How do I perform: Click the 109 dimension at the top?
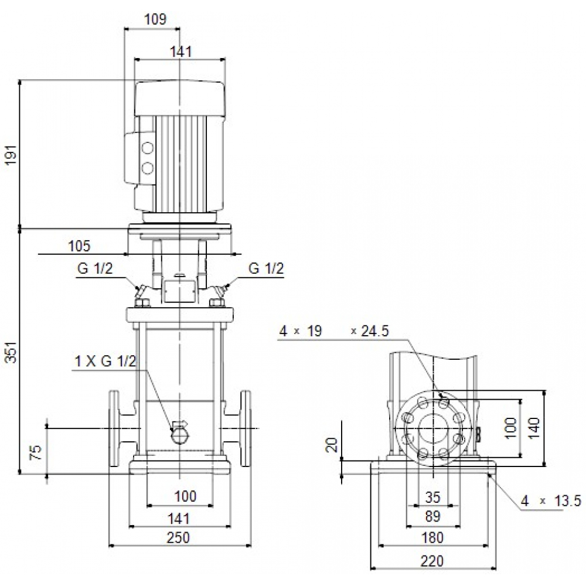coord(155,19)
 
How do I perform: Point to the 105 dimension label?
coord(79,246)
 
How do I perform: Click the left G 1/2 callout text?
coord(94,269)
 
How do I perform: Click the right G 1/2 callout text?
coord(266,269)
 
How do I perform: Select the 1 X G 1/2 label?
coord(105,362)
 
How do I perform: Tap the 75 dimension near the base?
coord(35,452)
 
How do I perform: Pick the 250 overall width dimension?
coord(178,537)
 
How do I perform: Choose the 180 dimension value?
coord(432,537)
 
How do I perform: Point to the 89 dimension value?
coord(432,516)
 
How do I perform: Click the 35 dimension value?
coord(432,498)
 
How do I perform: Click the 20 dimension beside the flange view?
coord(332,445)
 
